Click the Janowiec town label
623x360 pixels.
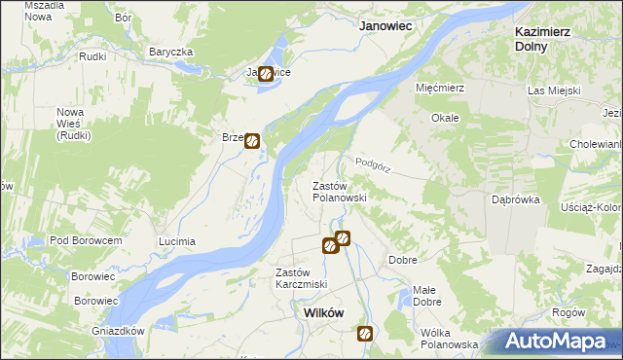(389, 27)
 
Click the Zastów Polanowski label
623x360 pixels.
(339, 191)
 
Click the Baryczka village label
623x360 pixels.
(172, 52)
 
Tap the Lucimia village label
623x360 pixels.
(177, 241)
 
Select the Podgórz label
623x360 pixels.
(373, 165)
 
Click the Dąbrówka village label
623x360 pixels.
(516, 199)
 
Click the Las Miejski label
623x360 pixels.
(554, 90)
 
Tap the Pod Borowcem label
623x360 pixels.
(86, 240)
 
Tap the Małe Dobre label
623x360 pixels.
(425, 295)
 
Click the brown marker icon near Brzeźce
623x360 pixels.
(252, 141)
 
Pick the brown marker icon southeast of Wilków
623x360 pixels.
(365, 334)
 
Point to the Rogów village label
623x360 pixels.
(568, 312)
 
